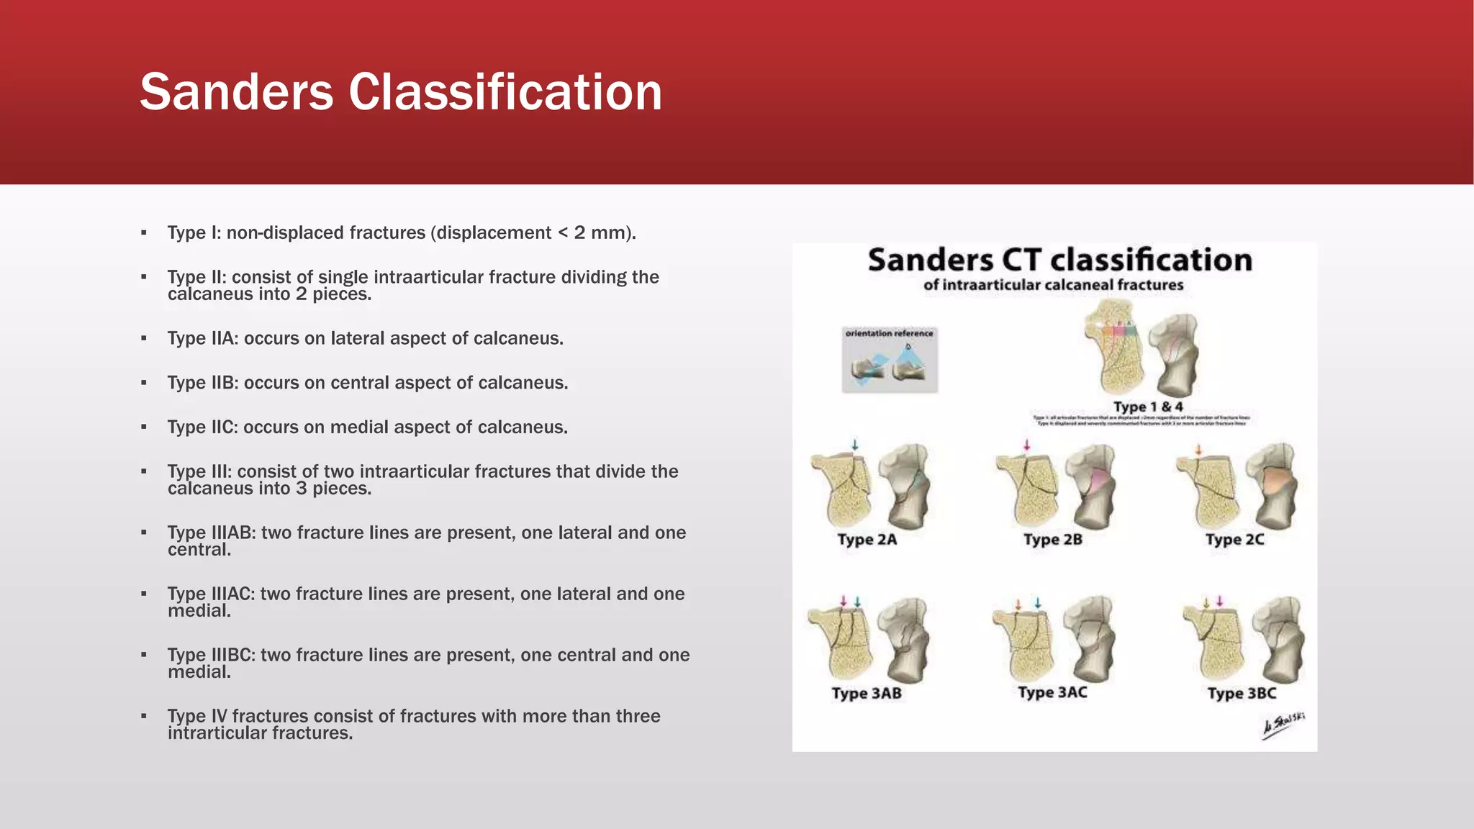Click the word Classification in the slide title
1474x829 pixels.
point(505,92)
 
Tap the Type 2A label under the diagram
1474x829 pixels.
point(867,540)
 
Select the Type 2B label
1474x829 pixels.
point(1052,540)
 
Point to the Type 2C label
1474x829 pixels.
point(1234,540)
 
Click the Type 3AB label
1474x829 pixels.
point(867,694)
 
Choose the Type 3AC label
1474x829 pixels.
point(1052,692)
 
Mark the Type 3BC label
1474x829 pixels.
point(1242,694)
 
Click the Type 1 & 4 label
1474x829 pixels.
point(1148,407)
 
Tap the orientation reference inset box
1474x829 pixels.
point(890,360)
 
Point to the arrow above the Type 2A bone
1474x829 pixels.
point(854,445)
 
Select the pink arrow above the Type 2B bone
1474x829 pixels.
point(1027,445)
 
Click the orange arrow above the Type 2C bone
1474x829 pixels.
point(1198,450)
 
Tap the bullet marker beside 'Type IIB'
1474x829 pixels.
point(144,383)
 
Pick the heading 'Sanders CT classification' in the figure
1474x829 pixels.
point(1059,260)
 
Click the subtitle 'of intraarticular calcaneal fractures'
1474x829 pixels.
point(1053,285)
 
